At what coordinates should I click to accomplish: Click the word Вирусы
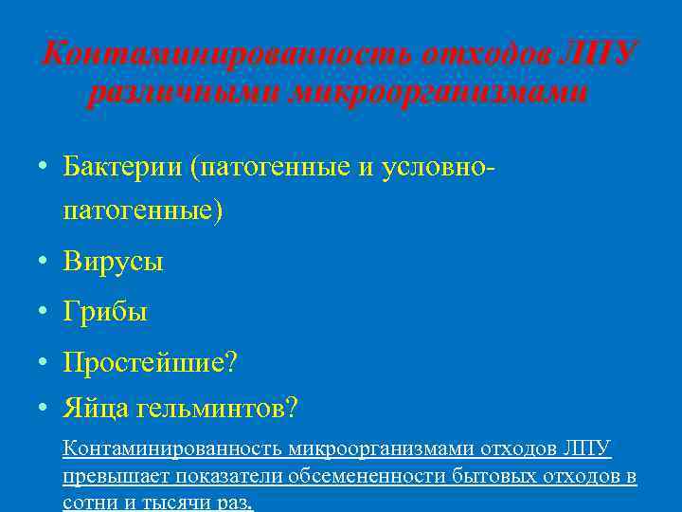[113, 262]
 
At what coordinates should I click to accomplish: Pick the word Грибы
[105, 311]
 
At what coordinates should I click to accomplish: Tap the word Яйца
[96, 409]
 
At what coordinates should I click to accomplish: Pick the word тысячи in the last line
[178, 502]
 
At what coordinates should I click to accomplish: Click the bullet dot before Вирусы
[44, 262]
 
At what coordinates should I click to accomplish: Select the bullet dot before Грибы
[44, 311]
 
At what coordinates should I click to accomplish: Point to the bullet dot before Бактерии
[44, 168]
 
